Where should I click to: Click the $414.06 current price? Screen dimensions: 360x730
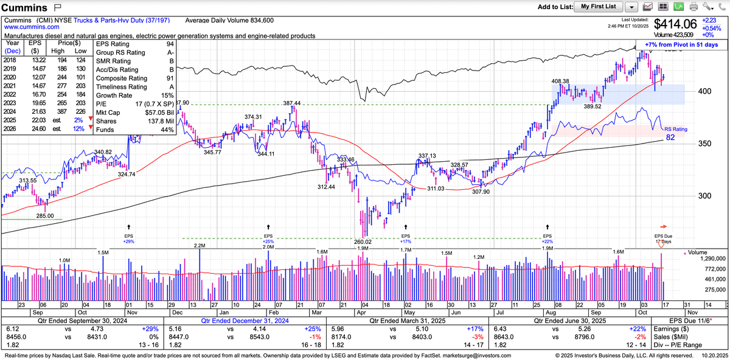[x=677, y=24]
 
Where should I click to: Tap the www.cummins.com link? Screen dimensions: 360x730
[x=32, y=27]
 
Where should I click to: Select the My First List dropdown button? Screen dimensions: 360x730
[x=598, y=7]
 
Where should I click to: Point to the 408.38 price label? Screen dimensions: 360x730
[x=560, y=81]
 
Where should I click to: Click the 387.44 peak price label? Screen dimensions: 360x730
[x=292, y=103]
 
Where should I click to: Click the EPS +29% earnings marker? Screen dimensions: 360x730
[x=128, y=238]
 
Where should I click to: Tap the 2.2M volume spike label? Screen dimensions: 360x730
[x=200, y=245]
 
